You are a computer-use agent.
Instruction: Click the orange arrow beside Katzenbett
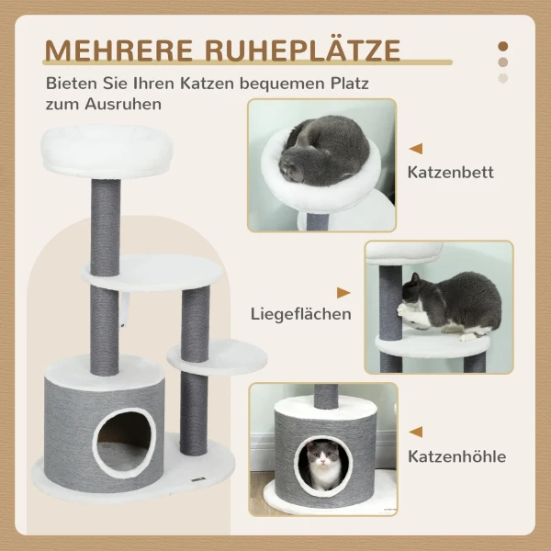point(416,148)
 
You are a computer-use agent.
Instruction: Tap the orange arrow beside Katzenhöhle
point(416,432)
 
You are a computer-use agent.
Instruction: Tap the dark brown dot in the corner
point(502,45)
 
